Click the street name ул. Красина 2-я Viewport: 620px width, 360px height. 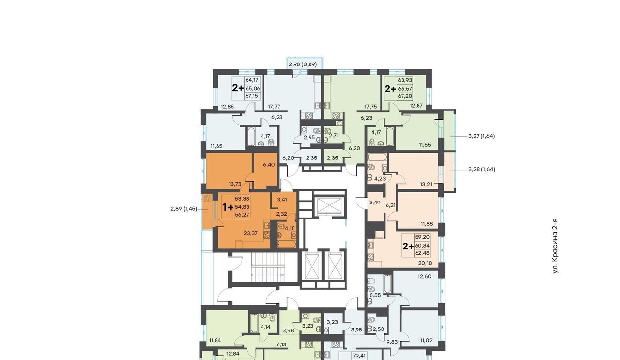click(x=555, y=246)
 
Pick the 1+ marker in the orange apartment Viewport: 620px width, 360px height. click(x=228, y=207)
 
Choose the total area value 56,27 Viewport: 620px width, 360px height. click(x=242, y=215)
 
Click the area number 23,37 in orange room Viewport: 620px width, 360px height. click(x=250, y=233)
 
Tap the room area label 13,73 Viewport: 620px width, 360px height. click(x=235, y=184)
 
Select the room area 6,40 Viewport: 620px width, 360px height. click(x=269, y=165)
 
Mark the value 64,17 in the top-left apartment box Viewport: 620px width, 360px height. click(x=252, y=80)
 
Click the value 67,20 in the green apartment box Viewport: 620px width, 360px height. click(x=405, y=96)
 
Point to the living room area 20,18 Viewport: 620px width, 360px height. click(x=425, y=263)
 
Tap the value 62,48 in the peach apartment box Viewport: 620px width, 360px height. click(x=422, y=253)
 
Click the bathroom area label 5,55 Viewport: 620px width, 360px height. click(x=375, y=295)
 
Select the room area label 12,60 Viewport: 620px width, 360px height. click(x=424, y=276)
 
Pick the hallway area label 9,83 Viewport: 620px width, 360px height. click(x=392, y=342)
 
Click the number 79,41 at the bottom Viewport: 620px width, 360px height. click(x=359, y=355)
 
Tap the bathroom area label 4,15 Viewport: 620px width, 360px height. click(x=290, y=229)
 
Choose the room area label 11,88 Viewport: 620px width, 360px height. click(x=427, y=224)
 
